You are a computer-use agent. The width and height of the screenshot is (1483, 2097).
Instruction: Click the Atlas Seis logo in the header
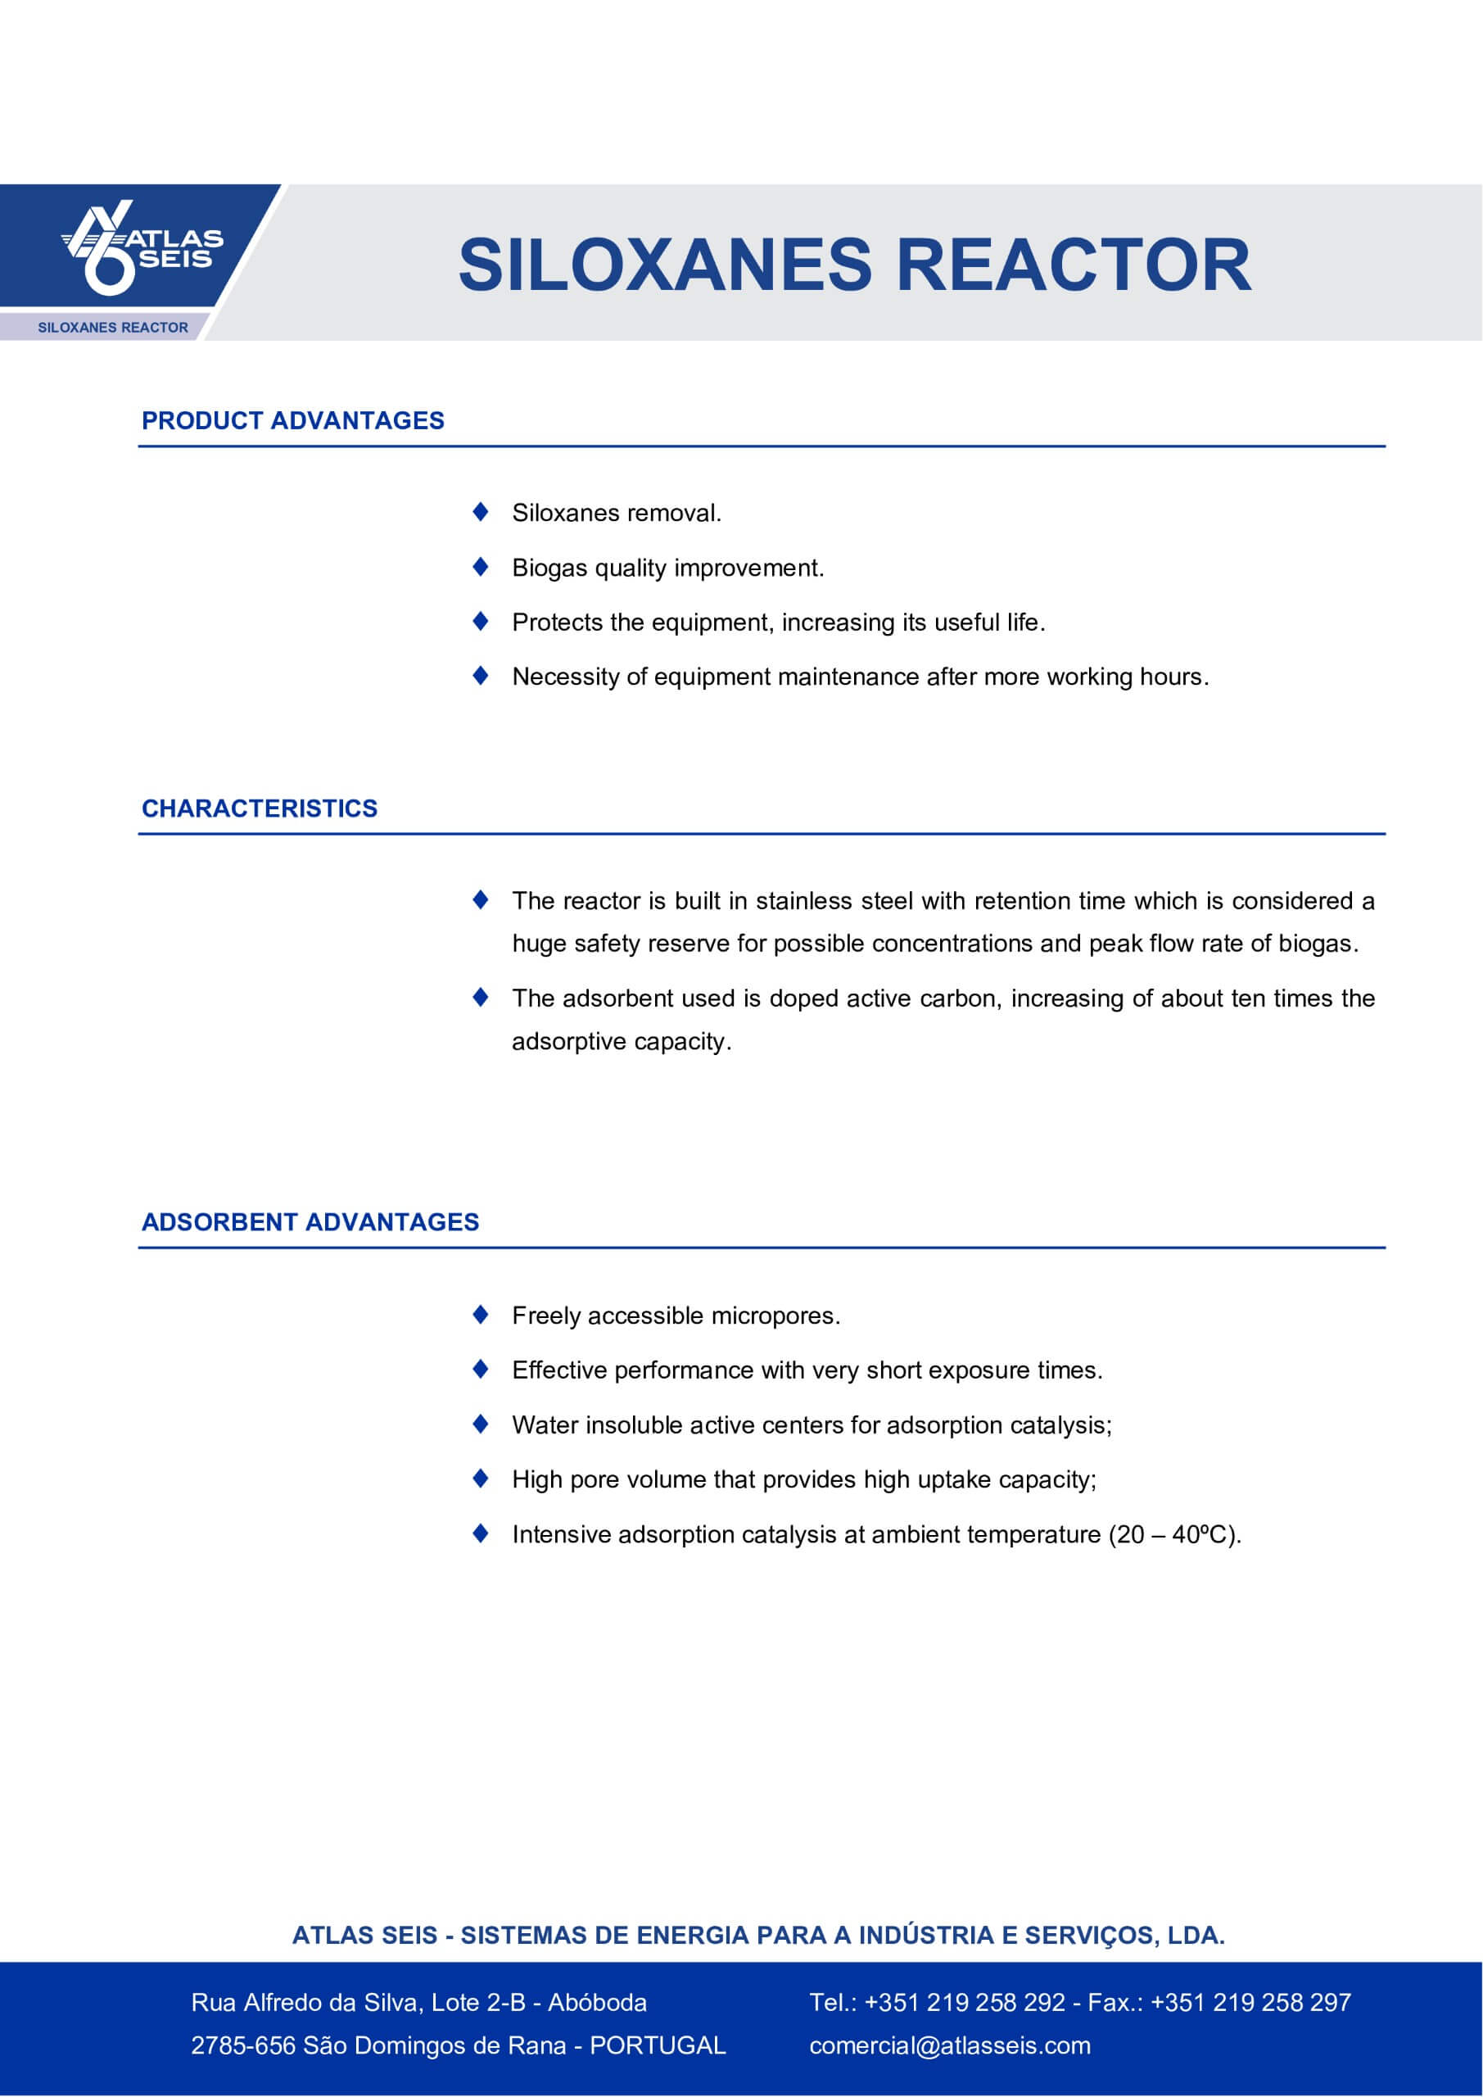coord(142,247)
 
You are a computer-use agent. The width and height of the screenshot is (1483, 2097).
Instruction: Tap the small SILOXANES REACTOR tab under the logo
coord(112,328)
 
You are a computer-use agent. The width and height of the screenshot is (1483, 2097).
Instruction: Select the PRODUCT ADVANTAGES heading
coord(292,421)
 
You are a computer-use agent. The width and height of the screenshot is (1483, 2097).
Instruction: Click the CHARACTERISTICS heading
coord(260,808)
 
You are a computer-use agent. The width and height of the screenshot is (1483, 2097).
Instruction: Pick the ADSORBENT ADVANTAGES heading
coord(310,1222)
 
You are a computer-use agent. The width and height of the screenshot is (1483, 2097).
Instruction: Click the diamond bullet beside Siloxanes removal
coord(481,513)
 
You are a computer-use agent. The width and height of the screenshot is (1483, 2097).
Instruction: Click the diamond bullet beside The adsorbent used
coord(481,998)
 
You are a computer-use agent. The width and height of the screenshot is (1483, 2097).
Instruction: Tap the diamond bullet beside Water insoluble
coord(481,1424)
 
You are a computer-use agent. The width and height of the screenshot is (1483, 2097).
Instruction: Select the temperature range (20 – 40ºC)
coord(1174,1534)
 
